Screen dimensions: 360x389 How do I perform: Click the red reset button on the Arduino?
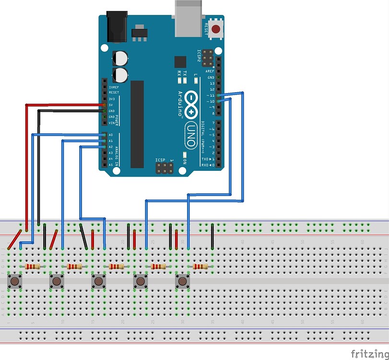click(x=216, y=29)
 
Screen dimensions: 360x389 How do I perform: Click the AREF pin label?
click(x=210, y=71)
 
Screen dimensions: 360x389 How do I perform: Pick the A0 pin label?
click(x=110, y=135)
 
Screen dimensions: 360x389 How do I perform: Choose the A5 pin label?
click(x=110, y=165)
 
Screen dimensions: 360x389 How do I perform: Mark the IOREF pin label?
click(x=114, y=87)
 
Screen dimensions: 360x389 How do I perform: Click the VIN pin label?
click(x=112, y=123)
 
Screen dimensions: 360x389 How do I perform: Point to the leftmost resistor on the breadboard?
click(x=33, y=266)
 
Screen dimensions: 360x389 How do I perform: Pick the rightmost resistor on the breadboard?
click(x=200, y=266)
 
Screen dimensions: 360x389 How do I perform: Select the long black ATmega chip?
click(x=137, y=124)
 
